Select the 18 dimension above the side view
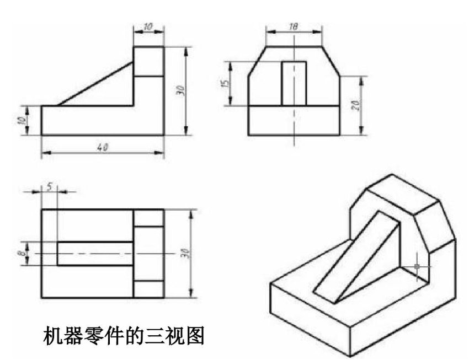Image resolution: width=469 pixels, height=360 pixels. pos(294,25)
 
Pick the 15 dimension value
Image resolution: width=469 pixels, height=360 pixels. pos(223,83)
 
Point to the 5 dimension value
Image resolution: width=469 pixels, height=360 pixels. pos(50,186)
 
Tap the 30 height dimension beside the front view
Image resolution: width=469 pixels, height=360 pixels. pos(179,91)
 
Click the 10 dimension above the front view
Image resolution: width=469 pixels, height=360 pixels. pos(148,25)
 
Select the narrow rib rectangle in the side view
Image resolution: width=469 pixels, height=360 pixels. pos(294,83)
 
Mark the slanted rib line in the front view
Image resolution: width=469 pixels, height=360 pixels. pos(95,83)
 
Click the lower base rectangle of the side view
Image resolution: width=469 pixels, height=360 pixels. pos(294,120)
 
